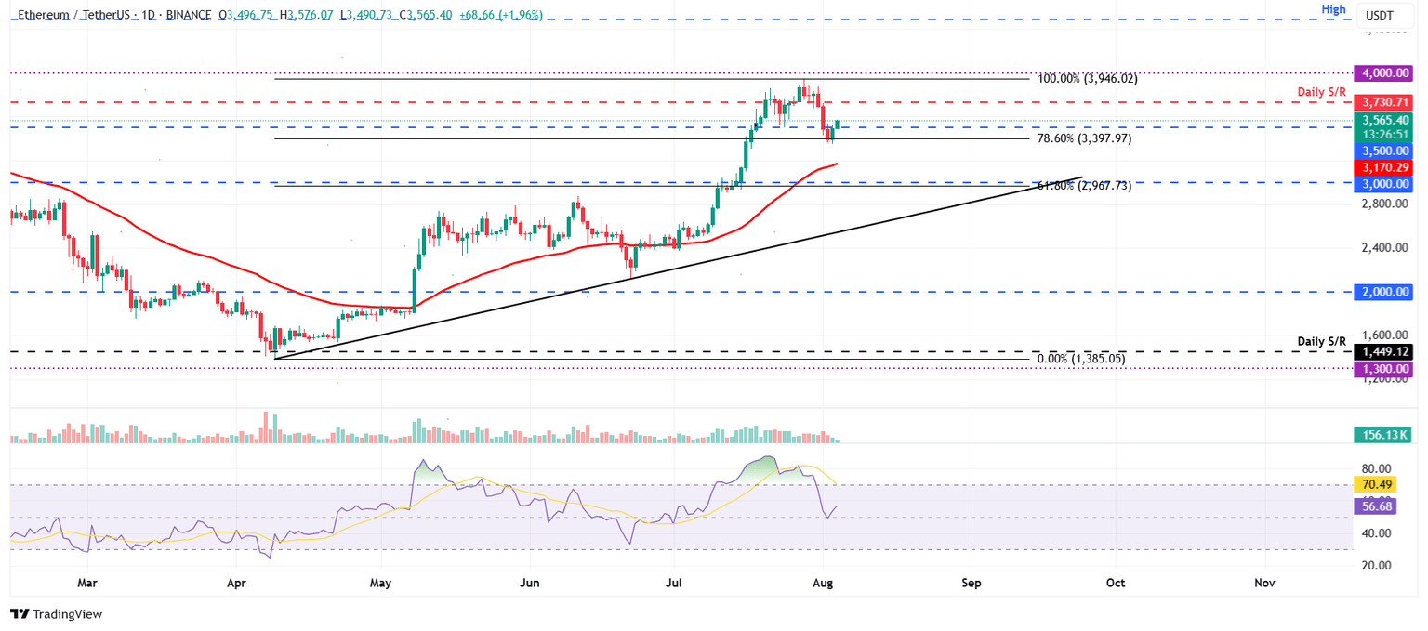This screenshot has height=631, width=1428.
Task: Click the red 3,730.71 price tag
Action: (1385, 101)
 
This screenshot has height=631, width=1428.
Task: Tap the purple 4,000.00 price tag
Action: (1385, 72)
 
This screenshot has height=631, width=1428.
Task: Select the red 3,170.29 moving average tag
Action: (1385, 166)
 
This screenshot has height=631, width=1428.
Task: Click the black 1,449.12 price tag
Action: (1385, 352)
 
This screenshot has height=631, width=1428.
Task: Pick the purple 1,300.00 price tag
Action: (1385, 368)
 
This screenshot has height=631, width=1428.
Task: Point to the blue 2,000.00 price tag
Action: (1385, 292)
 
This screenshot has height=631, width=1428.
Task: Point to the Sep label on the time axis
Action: (972, 583)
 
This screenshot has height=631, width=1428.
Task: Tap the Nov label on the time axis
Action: (1263, 583)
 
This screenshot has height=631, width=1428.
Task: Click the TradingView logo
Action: (56, 614)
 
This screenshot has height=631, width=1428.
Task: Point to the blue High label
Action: (1334, 8)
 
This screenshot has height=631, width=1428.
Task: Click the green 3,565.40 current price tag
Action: (1385, 120)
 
